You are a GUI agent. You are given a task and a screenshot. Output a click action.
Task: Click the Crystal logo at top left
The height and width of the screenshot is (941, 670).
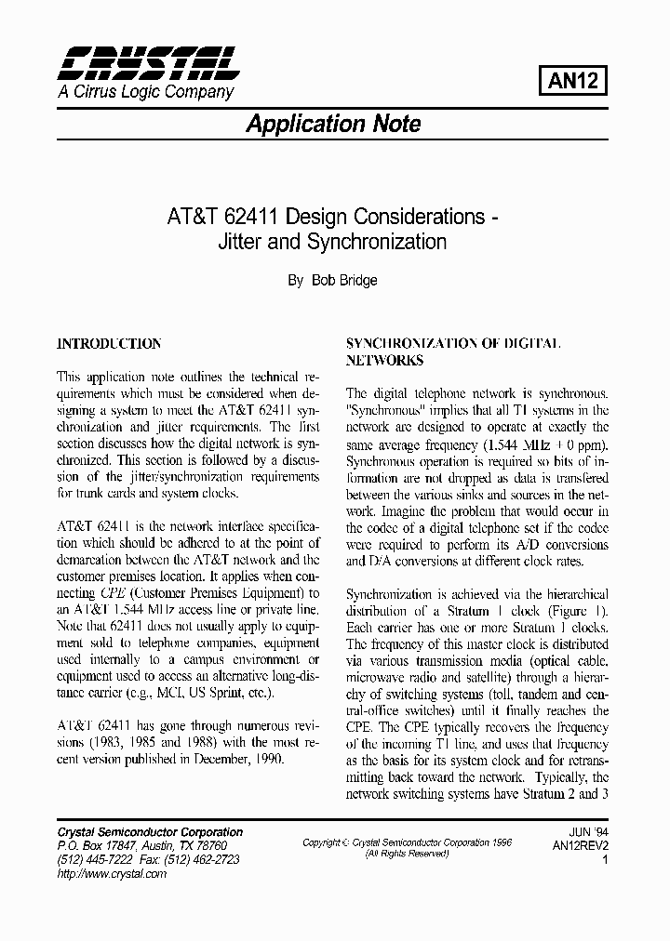click(147, 63)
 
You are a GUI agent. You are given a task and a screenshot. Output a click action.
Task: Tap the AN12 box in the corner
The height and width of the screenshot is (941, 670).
click(573, 81)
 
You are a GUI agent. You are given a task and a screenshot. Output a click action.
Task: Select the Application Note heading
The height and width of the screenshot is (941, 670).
click(332, 124)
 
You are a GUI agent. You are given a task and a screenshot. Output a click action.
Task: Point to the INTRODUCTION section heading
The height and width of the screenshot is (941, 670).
click(109, 343)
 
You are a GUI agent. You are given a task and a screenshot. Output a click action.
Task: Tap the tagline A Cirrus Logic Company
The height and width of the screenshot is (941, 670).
click(145, 92)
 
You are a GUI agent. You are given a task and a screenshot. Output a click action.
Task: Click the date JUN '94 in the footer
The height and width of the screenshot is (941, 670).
click(588, 832)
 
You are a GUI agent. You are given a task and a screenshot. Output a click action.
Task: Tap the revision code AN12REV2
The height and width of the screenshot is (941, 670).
click(579, 846)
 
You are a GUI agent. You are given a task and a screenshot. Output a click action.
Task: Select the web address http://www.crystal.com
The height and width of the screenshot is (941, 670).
click(112, 873)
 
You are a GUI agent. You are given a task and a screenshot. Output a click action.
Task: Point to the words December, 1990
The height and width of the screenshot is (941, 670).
click(242, 759)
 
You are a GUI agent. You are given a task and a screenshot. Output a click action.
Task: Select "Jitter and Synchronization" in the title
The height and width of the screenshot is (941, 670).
click(332, 243)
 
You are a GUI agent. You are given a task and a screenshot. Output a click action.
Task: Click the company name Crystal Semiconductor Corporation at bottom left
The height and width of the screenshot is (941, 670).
click(150, 832)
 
